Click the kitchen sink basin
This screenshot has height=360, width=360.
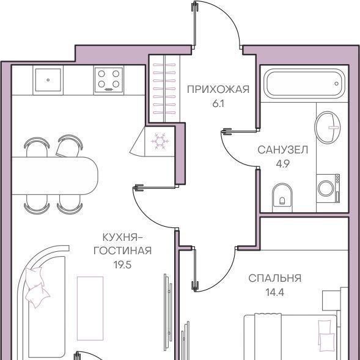[48, 80]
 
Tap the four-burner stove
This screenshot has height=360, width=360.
[109, 80]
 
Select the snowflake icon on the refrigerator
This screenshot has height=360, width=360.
[160, 141]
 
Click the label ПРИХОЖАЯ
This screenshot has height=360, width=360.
[218, 89]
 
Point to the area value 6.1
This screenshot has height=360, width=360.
[218, 104]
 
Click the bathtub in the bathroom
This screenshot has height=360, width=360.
[304, 84]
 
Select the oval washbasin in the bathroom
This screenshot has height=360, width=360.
[328, 127]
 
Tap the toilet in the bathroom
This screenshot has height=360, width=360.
[282, 197]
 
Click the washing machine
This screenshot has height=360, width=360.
[328, 188]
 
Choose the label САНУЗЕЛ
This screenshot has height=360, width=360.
[282, 150]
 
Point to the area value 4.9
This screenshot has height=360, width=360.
[283, 164]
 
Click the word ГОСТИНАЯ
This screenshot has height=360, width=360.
[123, 251]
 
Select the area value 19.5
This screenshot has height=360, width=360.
[123, 265]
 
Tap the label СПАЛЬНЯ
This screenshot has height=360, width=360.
[275, 278]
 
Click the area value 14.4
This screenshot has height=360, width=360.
[275, 293]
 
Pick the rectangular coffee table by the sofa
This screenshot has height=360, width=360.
[90, 308]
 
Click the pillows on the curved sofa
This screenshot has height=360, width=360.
[36, 287]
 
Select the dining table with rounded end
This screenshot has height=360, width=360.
[54, 176]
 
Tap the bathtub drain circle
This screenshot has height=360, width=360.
[336, 84]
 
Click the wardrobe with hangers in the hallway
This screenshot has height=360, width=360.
[164, 89]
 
